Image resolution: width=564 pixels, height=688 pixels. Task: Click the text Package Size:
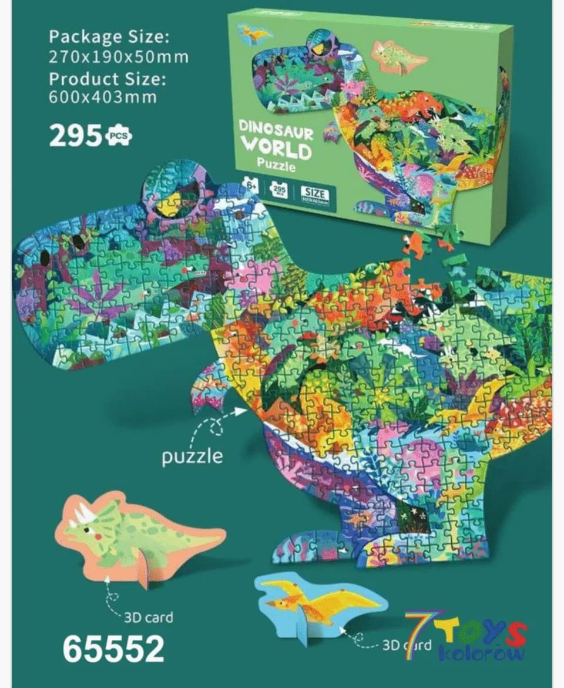(x=109, y=37)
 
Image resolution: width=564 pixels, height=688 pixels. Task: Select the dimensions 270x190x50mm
(x=119, y=57)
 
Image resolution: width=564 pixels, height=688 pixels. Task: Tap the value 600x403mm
(x=103, y=97)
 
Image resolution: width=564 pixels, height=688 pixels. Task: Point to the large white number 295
(x=76, y=136)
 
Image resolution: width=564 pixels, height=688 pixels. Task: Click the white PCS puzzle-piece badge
(x=119, y=137)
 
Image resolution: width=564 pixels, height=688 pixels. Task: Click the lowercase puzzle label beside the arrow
(x=193, y=457)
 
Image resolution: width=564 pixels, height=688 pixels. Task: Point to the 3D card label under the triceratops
(x=149, y=617)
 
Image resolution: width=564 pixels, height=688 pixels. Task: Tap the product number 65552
(x=113, y=649)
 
